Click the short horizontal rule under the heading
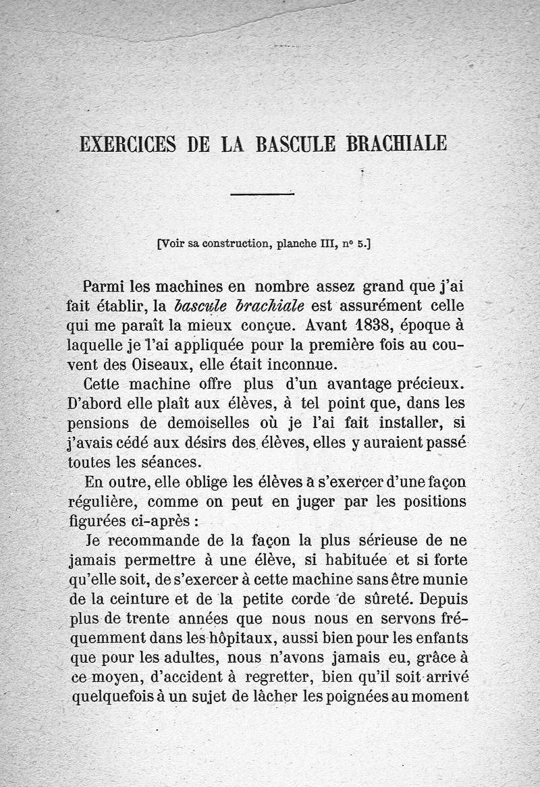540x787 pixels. [x=262, y=194]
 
